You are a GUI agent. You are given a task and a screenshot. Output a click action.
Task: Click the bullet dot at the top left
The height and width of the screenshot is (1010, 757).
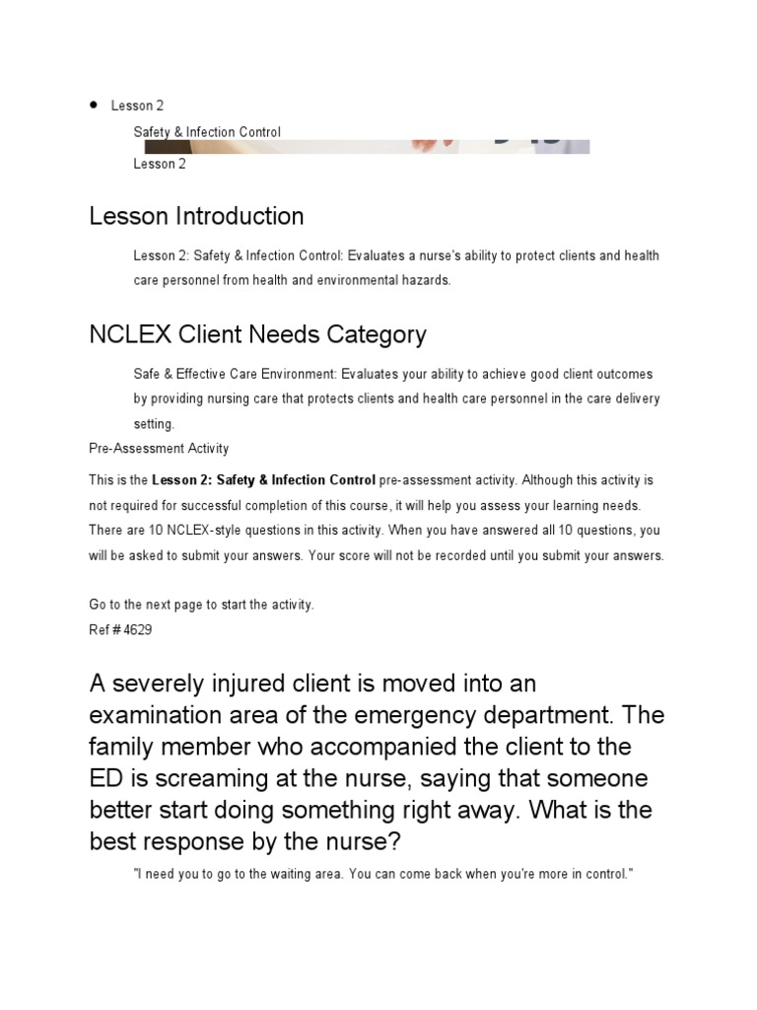[x=94, y=105]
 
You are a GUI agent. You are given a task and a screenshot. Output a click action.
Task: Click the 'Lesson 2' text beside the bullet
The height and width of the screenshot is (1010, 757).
[x=137, y=106]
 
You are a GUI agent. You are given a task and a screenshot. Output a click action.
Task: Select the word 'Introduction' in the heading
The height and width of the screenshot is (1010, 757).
[x=241, y=216]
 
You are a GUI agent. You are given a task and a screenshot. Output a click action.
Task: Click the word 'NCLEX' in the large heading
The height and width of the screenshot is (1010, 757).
[x=130, y=334]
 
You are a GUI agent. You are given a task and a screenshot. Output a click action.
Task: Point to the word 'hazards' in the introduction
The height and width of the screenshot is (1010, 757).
[x=421, y=280]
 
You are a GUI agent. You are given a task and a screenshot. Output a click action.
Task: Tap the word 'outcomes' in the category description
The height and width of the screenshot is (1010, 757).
[x=621, y=375]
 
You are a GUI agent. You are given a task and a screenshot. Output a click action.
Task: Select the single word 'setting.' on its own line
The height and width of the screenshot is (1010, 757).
[x=154, y=424]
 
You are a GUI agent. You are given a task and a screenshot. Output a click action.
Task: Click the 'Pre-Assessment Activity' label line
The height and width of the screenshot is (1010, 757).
[x=159, y=449]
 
